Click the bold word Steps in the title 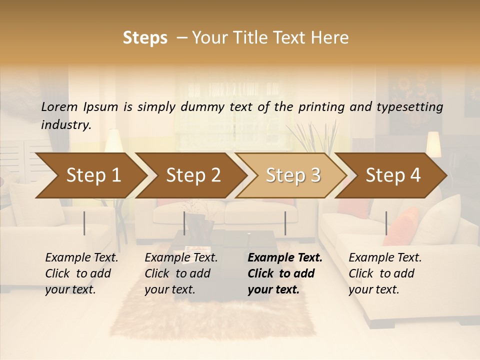click(x=145, y=38)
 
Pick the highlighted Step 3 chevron click(x=293, y=175)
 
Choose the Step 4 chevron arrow click(x=393, y=175)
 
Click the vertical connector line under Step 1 click(x=84, y=223)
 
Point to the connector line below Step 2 click(x=184, y=223)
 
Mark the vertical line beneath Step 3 click(x=285, y=223)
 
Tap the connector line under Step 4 click(x=386, y=223)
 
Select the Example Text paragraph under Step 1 click(x=81, y=273)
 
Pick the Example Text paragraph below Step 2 click(x=181, y=273)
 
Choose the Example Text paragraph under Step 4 click(x=385, y=273)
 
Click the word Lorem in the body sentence click(x=59, y=106)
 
